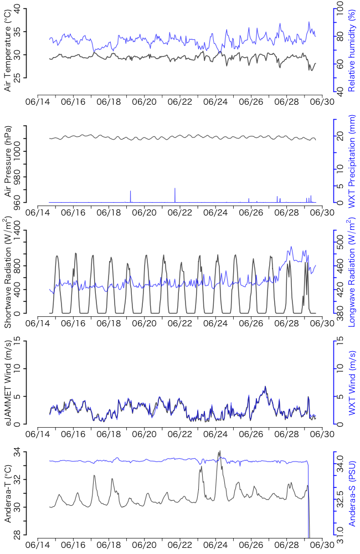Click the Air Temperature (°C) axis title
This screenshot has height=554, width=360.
[8, 50]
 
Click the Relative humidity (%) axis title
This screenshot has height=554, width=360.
[351, 50]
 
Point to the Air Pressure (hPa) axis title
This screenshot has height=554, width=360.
[8, 161]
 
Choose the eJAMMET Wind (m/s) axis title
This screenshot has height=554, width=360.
[8, 383]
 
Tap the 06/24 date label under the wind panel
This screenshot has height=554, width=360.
[215, 433]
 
